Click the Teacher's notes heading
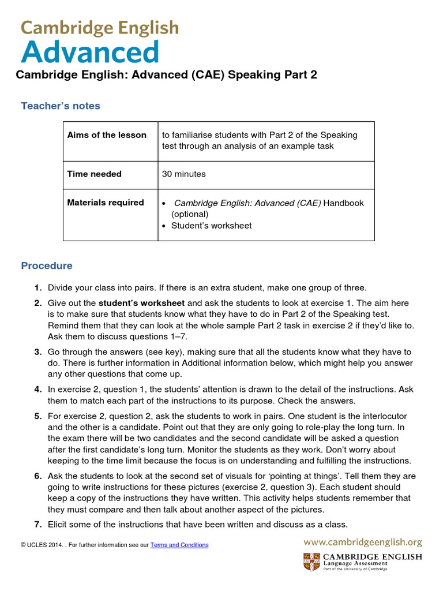(61, 106)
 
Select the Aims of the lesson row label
(107, 135)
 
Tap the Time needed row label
(94, 174)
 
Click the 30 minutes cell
(183, 174)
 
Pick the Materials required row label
(106, 203)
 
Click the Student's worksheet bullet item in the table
(211, 226)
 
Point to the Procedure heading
(47, 266)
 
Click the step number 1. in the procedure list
(37, 288)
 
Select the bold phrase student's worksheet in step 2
(141, 303)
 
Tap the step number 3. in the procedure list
(37, 352)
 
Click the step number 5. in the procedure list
(37, 416)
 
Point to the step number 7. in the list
(37, 525)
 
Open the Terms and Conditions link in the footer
(179, 545)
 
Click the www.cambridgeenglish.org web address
(363, 543)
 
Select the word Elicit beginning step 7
(58, 525)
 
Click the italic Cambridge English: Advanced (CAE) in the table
(247, 203)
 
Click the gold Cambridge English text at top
(100, 28)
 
